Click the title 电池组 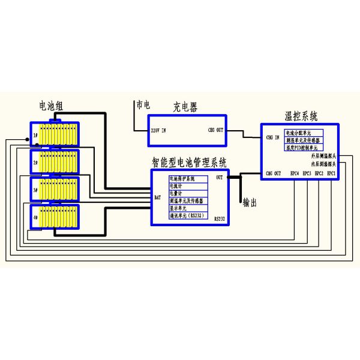tap(50, 106)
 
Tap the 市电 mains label tap(143, 104)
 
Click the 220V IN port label tap(158, 130)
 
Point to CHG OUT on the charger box tap(216, 130)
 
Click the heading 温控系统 tap(301, 115)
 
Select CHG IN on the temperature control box tap(273, 137)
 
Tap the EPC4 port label tap(295, 173)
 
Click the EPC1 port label tap(331, 173)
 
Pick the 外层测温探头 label tap(323, 157)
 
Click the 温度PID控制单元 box tap(304, 147)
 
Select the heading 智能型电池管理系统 tap(190, 161)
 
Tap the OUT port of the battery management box tap(219, 178)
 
